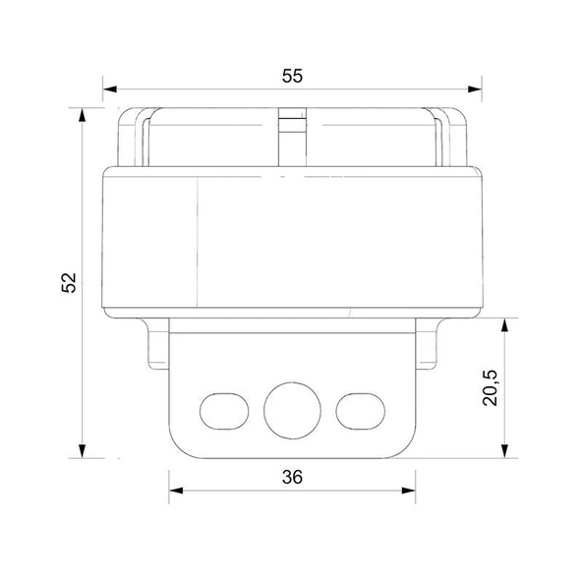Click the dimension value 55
click(x=291, y=75)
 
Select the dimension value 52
click(x=68, y=281)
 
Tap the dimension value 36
click(x=291, y=478)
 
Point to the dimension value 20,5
click(x=491, y=387)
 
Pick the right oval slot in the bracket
click(x=358, y=407)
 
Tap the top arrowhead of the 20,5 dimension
click(x=505, y=325)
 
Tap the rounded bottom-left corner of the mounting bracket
click(x=177, y=446)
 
